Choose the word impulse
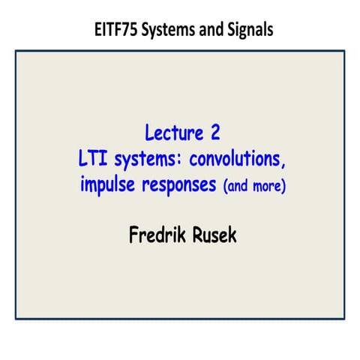108,184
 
